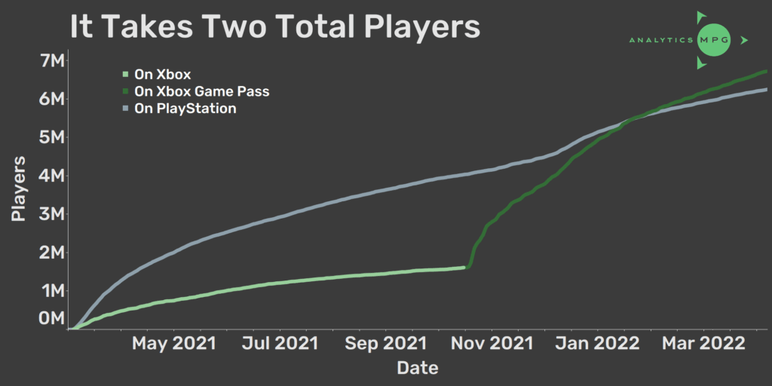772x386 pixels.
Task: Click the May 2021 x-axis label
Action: [173, 344]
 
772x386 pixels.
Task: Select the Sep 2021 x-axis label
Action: [385, 344]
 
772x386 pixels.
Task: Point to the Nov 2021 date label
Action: [492, 344]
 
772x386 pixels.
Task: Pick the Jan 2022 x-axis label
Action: [597, 344]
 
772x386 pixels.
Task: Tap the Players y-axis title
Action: [20, 189]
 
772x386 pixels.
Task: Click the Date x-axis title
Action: [418, 368]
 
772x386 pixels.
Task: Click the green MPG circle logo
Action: [712, 39]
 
